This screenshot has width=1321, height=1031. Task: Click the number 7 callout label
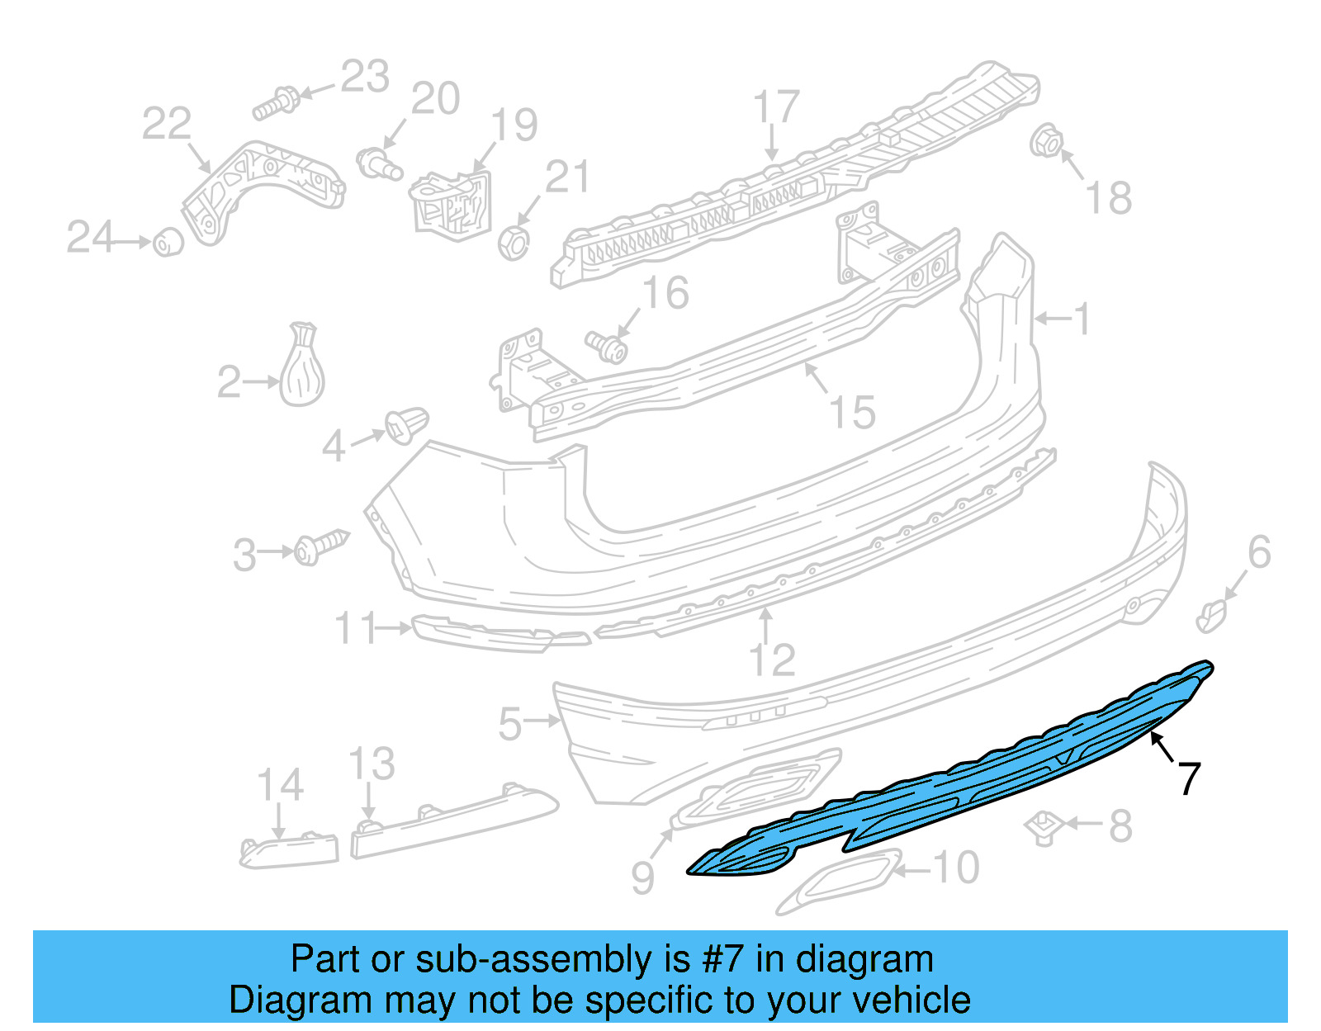(1189, 778)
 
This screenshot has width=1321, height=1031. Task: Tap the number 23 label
(365, 78)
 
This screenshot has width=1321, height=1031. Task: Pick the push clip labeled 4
(407, 425)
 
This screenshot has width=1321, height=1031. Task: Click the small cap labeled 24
(168, 242)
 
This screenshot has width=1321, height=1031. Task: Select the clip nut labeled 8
(1044, 827)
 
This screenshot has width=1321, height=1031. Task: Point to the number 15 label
(853, 412)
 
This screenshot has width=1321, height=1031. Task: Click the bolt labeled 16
(608, 348)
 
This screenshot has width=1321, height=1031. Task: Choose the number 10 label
(956, 868)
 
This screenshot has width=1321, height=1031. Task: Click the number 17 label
(776, 107)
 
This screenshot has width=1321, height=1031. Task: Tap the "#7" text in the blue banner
(723, 960)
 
